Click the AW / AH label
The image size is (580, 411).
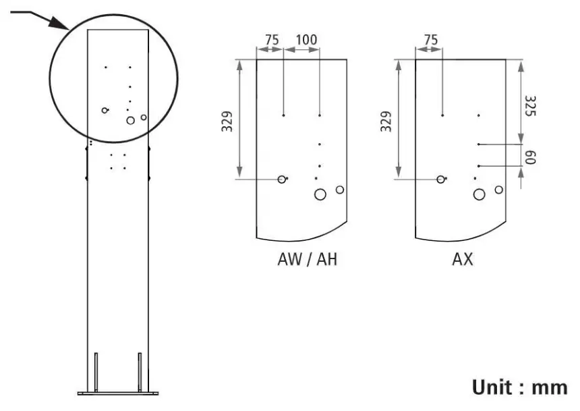click(x=307, y=260)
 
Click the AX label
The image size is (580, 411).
click(x=463, y=260)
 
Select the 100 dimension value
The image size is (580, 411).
click(x=306, y=40)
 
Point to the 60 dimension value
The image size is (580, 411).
click(x=529, y=158)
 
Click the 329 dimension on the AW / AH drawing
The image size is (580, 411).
click(x=227, y=120)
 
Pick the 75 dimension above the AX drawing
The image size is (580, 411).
click(x=430, y=40)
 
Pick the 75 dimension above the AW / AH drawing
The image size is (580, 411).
click(x=271, y=40)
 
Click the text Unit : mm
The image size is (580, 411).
click(x=519, y=387)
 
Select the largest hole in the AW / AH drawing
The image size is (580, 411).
click(x=320, y=195)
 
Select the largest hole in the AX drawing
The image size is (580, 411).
click(x=480, y=195)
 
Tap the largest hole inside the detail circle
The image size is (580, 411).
click(x=131, y=121)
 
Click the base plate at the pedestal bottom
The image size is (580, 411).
click(x=117, y=392)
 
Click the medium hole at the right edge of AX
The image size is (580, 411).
click(x=498, y=190)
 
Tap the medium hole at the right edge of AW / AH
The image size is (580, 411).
click(x=340, y=190)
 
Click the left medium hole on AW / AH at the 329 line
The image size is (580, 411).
click(x=282, y=179)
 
